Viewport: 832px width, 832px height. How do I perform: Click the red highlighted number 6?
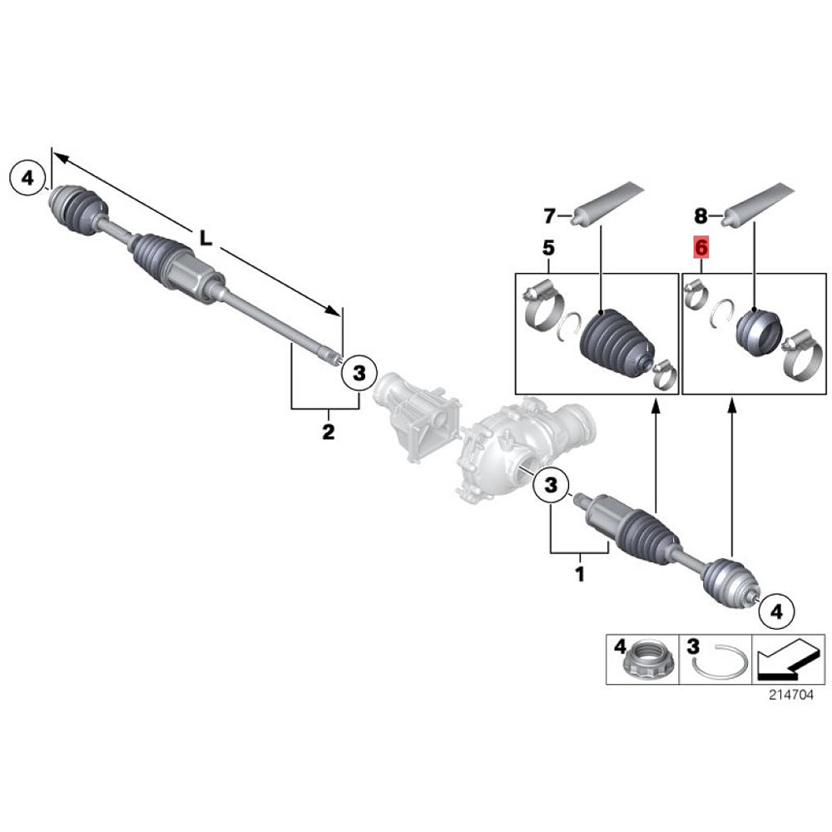tap(701, 248)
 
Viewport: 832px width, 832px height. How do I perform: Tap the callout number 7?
tap(549, 216)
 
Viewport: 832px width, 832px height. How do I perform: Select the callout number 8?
tap(701, 216)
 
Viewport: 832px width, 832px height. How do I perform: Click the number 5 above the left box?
tap(548, 248)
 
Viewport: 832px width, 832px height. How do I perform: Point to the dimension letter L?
tap(206, 240)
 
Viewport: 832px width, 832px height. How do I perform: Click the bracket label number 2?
tap(329, 432)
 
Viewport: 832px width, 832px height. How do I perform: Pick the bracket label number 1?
tap(580, 574)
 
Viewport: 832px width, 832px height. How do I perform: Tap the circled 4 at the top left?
tap(27, 178)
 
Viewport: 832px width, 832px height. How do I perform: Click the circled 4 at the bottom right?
tap(776, 612)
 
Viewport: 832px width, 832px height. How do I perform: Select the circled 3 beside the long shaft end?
tap(359, 373)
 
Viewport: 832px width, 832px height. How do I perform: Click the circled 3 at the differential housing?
tap(551, 484)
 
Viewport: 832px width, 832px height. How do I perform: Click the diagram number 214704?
tap(790, 695)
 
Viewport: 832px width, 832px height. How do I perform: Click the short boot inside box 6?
tap(759, 330)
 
